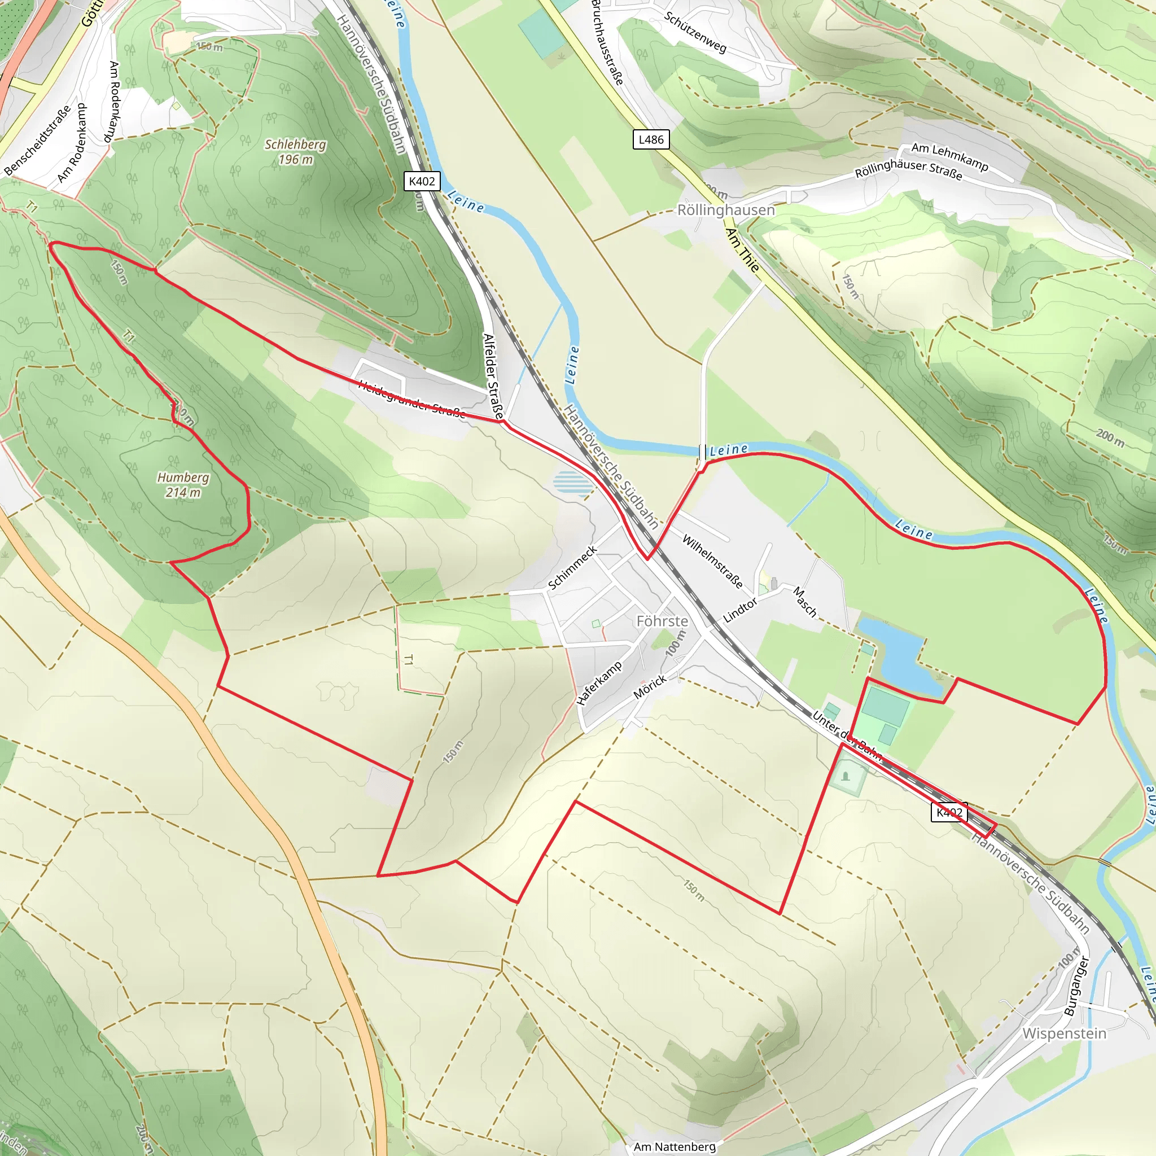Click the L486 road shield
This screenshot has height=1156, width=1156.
pos(651,139)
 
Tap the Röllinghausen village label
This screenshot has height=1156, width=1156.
pos(725,210)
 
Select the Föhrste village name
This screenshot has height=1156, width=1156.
pos(662,621)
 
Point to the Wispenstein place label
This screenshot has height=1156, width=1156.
pos(1064,1034)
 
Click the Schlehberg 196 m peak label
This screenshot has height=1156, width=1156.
pos(296,152)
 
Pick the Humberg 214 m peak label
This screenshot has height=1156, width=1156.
pos(183,485)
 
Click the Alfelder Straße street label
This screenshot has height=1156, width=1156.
pos(493,376)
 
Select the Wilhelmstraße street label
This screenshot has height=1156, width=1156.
pos(712,562)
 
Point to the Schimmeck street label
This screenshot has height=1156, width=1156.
pos(572,567)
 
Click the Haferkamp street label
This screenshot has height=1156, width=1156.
pos(599,684)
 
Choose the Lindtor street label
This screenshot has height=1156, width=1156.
pos(739,611)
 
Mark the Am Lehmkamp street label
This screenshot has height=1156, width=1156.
pos(949,156)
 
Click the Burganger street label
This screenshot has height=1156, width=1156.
pos(1076,986)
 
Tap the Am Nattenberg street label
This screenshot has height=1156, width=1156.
pos(675,1146)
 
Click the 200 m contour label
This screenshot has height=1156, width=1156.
pos(1110,438)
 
